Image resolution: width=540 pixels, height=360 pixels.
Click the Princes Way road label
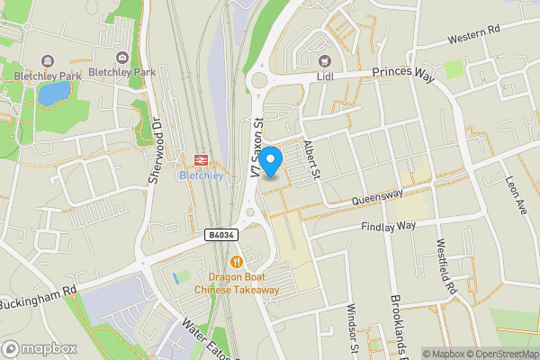(404, 76)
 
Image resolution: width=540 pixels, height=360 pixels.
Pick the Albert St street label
(312, 160)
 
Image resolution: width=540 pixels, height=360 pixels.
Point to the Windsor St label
(353, 328)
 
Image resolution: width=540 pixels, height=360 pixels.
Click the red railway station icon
(201, 158)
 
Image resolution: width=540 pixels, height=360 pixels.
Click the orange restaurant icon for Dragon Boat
(237, 262)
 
